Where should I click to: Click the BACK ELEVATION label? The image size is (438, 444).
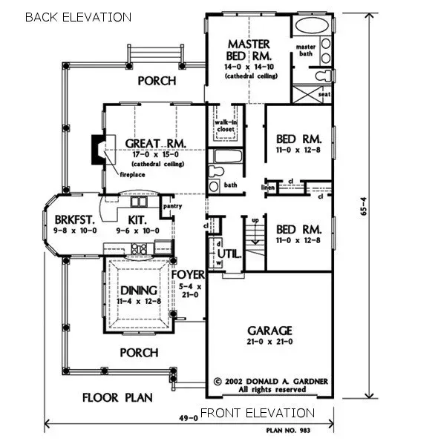point(78,16)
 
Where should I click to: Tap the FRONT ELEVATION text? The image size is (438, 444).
point(257,413)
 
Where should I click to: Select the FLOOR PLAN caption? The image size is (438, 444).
point(118,397)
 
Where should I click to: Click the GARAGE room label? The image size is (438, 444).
point(269,330)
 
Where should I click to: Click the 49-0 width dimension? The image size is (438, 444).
point(190,417)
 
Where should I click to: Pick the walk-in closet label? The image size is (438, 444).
point(225,126)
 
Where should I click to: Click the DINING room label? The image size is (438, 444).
point(135,289)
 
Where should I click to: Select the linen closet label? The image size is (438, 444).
point(269,188)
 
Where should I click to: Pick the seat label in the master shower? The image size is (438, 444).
point(323,93)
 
